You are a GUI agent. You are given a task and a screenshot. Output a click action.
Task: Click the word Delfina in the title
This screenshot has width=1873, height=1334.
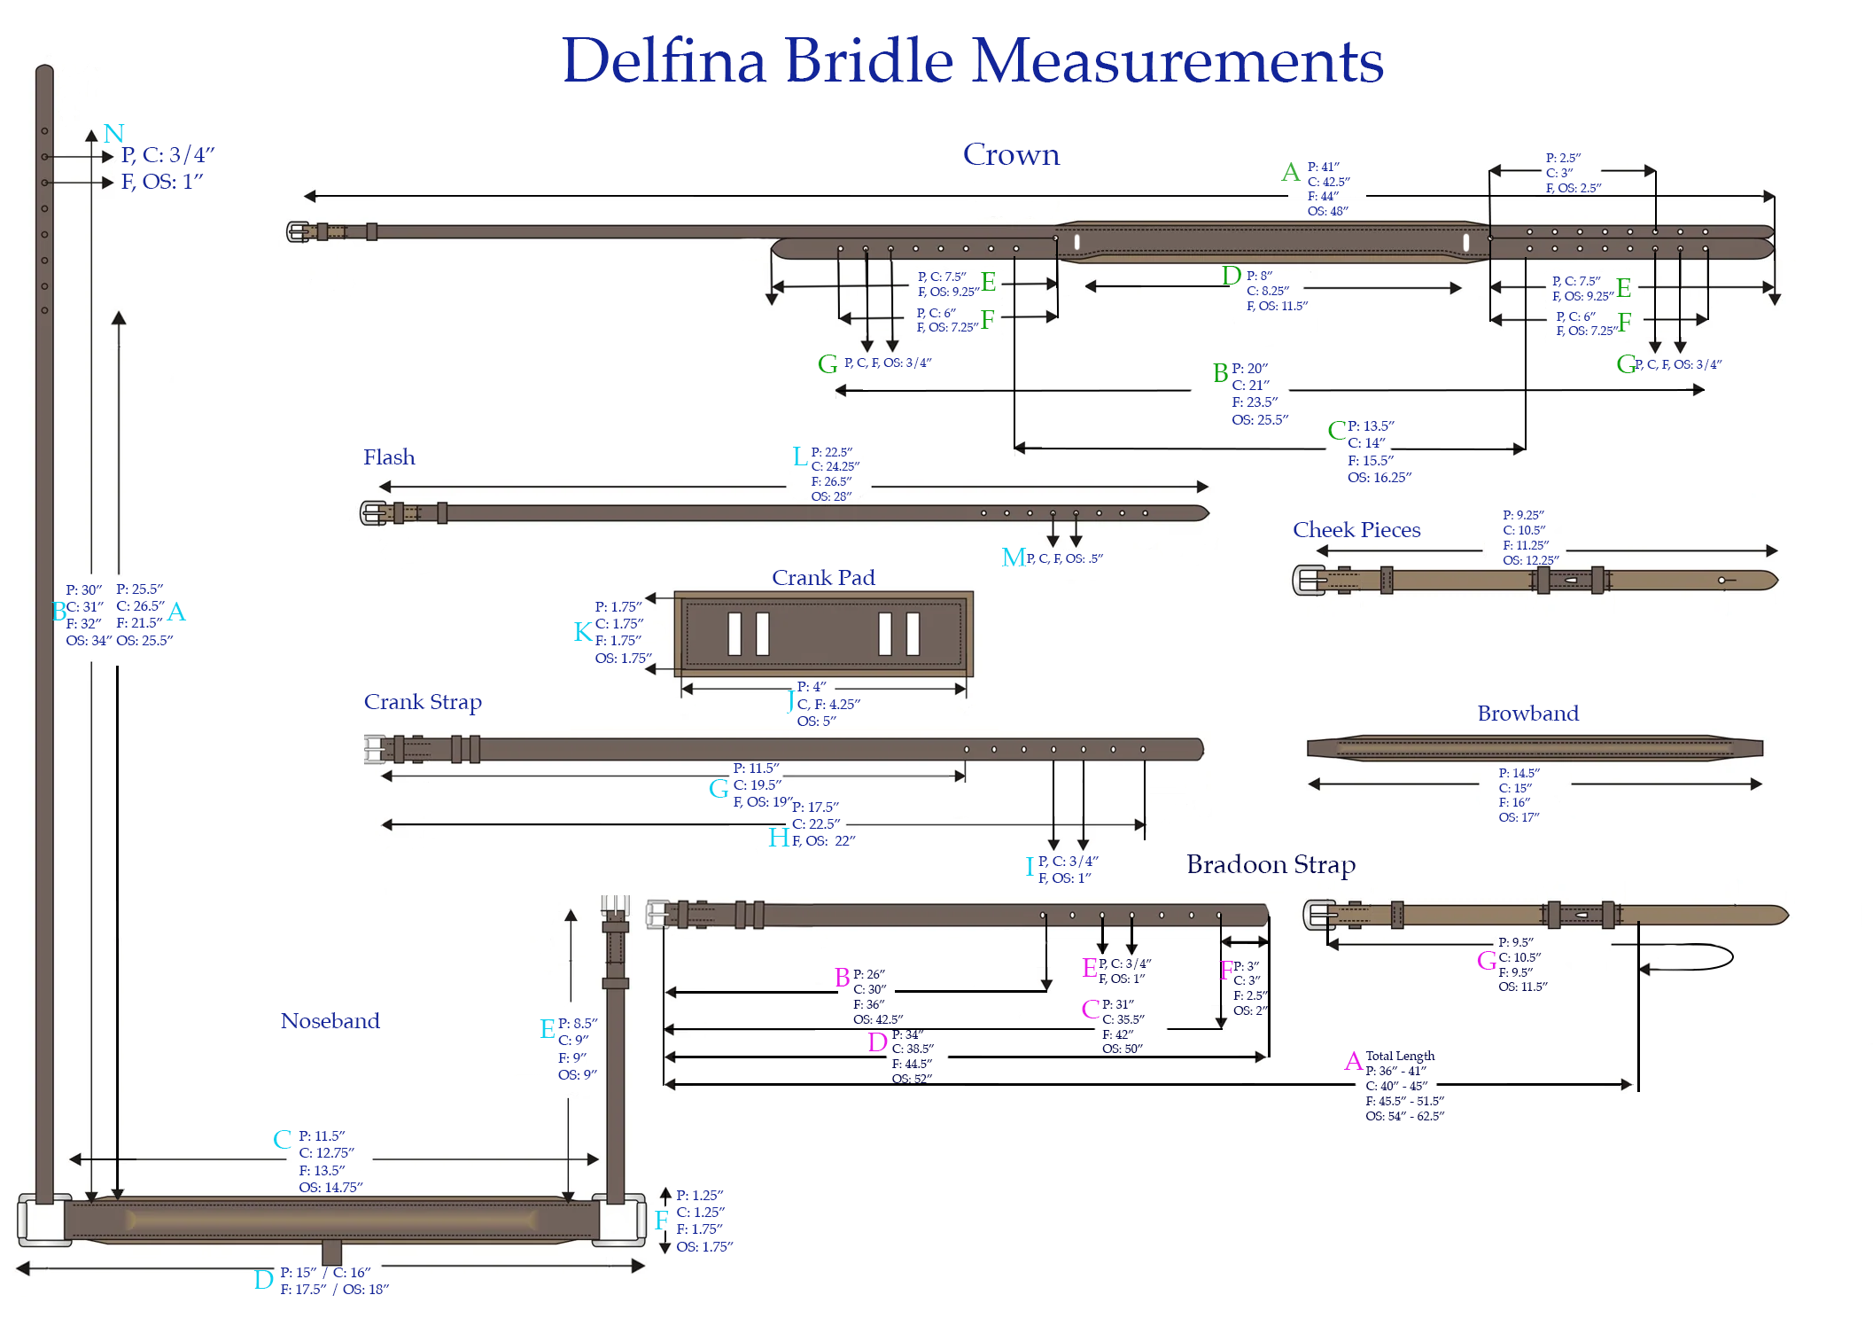(x=664, y=62)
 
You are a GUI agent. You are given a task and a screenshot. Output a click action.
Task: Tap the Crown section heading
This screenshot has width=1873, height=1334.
(x=1011, y=155)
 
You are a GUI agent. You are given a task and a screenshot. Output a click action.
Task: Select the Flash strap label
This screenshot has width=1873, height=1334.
(x=389, y=457)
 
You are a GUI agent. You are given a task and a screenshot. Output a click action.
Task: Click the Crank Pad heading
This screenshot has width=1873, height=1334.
(x=823, y=578)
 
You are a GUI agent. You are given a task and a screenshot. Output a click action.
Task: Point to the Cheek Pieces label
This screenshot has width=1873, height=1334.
(x=1356, y=530)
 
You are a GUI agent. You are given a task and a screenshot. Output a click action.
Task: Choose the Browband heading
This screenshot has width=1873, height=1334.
(x=1527, y=714)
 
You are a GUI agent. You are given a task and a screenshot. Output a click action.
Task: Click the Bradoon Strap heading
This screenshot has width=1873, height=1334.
(x=1271, y=864)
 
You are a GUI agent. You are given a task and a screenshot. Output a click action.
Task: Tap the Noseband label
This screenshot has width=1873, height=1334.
(x=330, y=1021)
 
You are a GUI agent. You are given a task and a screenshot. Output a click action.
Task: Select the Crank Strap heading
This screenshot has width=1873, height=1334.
(x=423, y=702)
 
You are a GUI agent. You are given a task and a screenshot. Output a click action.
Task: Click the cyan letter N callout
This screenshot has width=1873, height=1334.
(x=113, y=134)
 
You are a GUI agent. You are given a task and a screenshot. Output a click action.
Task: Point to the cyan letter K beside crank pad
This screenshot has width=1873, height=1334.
(x=582, y=632)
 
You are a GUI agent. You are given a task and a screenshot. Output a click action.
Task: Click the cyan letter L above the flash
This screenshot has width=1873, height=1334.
(x=799, y=456)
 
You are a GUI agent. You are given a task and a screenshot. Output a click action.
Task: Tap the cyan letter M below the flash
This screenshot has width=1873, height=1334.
(x=1013, y=558)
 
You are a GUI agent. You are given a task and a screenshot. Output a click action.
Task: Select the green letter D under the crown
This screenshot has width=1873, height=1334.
(x=1231, y=277)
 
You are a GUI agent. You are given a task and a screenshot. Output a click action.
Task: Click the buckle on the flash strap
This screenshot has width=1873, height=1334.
(x=374, y=512)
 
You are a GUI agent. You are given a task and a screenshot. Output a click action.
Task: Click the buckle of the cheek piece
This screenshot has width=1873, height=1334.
(x=1309, y=581)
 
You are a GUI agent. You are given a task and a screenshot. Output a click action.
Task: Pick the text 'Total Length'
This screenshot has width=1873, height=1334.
(x=1400, y=1056)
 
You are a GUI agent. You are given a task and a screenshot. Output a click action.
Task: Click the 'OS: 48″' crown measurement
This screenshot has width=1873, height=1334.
(x=1327, y=211)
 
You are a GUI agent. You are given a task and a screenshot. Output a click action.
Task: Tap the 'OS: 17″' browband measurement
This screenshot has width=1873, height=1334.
(x=1519, y=817)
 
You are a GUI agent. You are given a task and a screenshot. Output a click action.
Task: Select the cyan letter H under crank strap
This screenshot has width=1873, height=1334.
(x=778, y=838)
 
